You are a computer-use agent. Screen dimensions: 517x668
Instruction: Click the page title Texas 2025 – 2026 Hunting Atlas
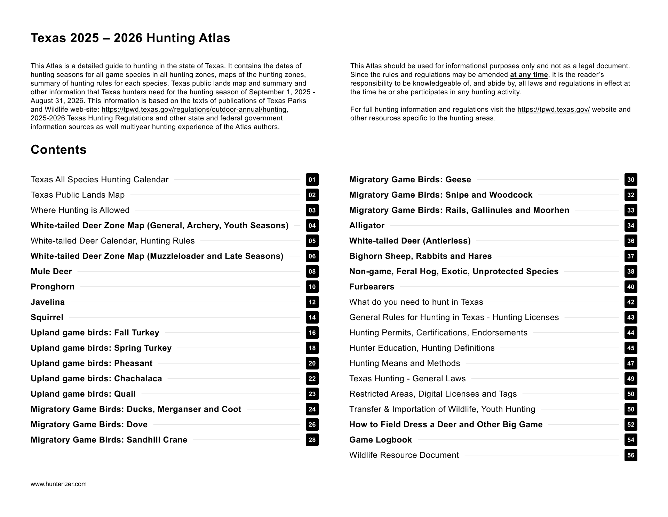click(x=130, y=38)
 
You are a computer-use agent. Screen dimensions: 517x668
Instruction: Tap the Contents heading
click(x=58, y=150)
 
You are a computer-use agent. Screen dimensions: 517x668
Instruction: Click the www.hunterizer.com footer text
click(x=58, y=484)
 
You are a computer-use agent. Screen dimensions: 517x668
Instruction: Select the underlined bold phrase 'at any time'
click(x=529, y=75)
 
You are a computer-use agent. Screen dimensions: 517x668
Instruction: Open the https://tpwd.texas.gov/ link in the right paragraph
click(x=554, y=110)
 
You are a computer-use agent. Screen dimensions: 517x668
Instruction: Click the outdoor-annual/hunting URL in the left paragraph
click(x=194, y=110)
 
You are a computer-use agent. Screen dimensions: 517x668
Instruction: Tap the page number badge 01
click(x=312, y=180)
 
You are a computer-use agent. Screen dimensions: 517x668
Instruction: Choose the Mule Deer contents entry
click(x=51, y=271)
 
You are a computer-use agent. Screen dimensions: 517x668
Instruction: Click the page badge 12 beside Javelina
click(x=312, y=302)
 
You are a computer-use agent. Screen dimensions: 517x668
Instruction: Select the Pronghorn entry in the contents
click(x=53, y=287)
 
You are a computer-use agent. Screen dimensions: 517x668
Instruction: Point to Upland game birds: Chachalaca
click(x=96, y=379)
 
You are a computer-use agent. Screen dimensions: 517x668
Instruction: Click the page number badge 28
click(x=312, y=440)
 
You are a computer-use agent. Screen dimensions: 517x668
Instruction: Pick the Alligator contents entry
click(x=367, y=225)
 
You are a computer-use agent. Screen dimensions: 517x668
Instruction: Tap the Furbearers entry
click(x=372, y=287)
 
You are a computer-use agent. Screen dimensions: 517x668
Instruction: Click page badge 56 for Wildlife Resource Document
click(x=631, y=455)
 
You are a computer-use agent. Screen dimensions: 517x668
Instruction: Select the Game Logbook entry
click(x=380, y=440)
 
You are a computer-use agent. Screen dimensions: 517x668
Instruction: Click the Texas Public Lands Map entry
click(x=77, y=195)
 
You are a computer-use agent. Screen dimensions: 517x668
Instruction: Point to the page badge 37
click(x=631, y=256)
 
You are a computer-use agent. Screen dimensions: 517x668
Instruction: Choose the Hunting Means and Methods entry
click(x=404, y=363)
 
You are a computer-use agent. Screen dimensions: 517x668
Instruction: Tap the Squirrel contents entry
click(x=47, y=317)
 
